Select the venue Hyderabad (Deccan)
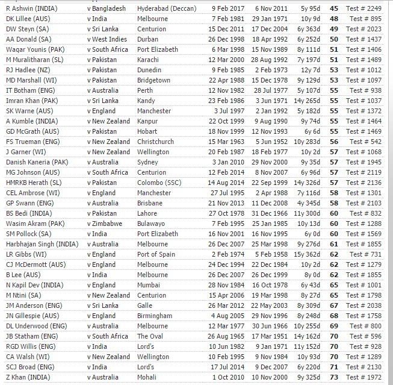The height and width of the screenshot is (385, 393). coord(167,8)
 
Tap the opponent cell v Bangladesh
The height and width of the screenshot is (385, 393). coord(107,8)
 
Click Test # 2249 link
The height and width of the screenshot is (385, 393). coord(365,8)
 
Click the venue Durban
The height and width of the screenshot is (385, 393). coord(149,39)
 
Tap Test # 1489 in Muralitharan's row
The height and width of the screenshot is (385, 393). coord(365,60)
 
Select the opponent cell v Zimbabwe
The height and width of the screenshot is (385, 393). coord(105,224)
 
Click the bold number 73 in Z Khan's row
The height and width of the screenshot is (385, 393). coord(334,377)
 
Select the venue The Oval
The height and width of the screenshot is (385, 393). coord(152,336)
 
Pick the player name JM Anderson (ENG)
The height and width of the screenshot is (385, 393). coord(36,305)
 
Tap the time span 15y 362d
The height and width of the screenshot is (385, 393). coord(308,254)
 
